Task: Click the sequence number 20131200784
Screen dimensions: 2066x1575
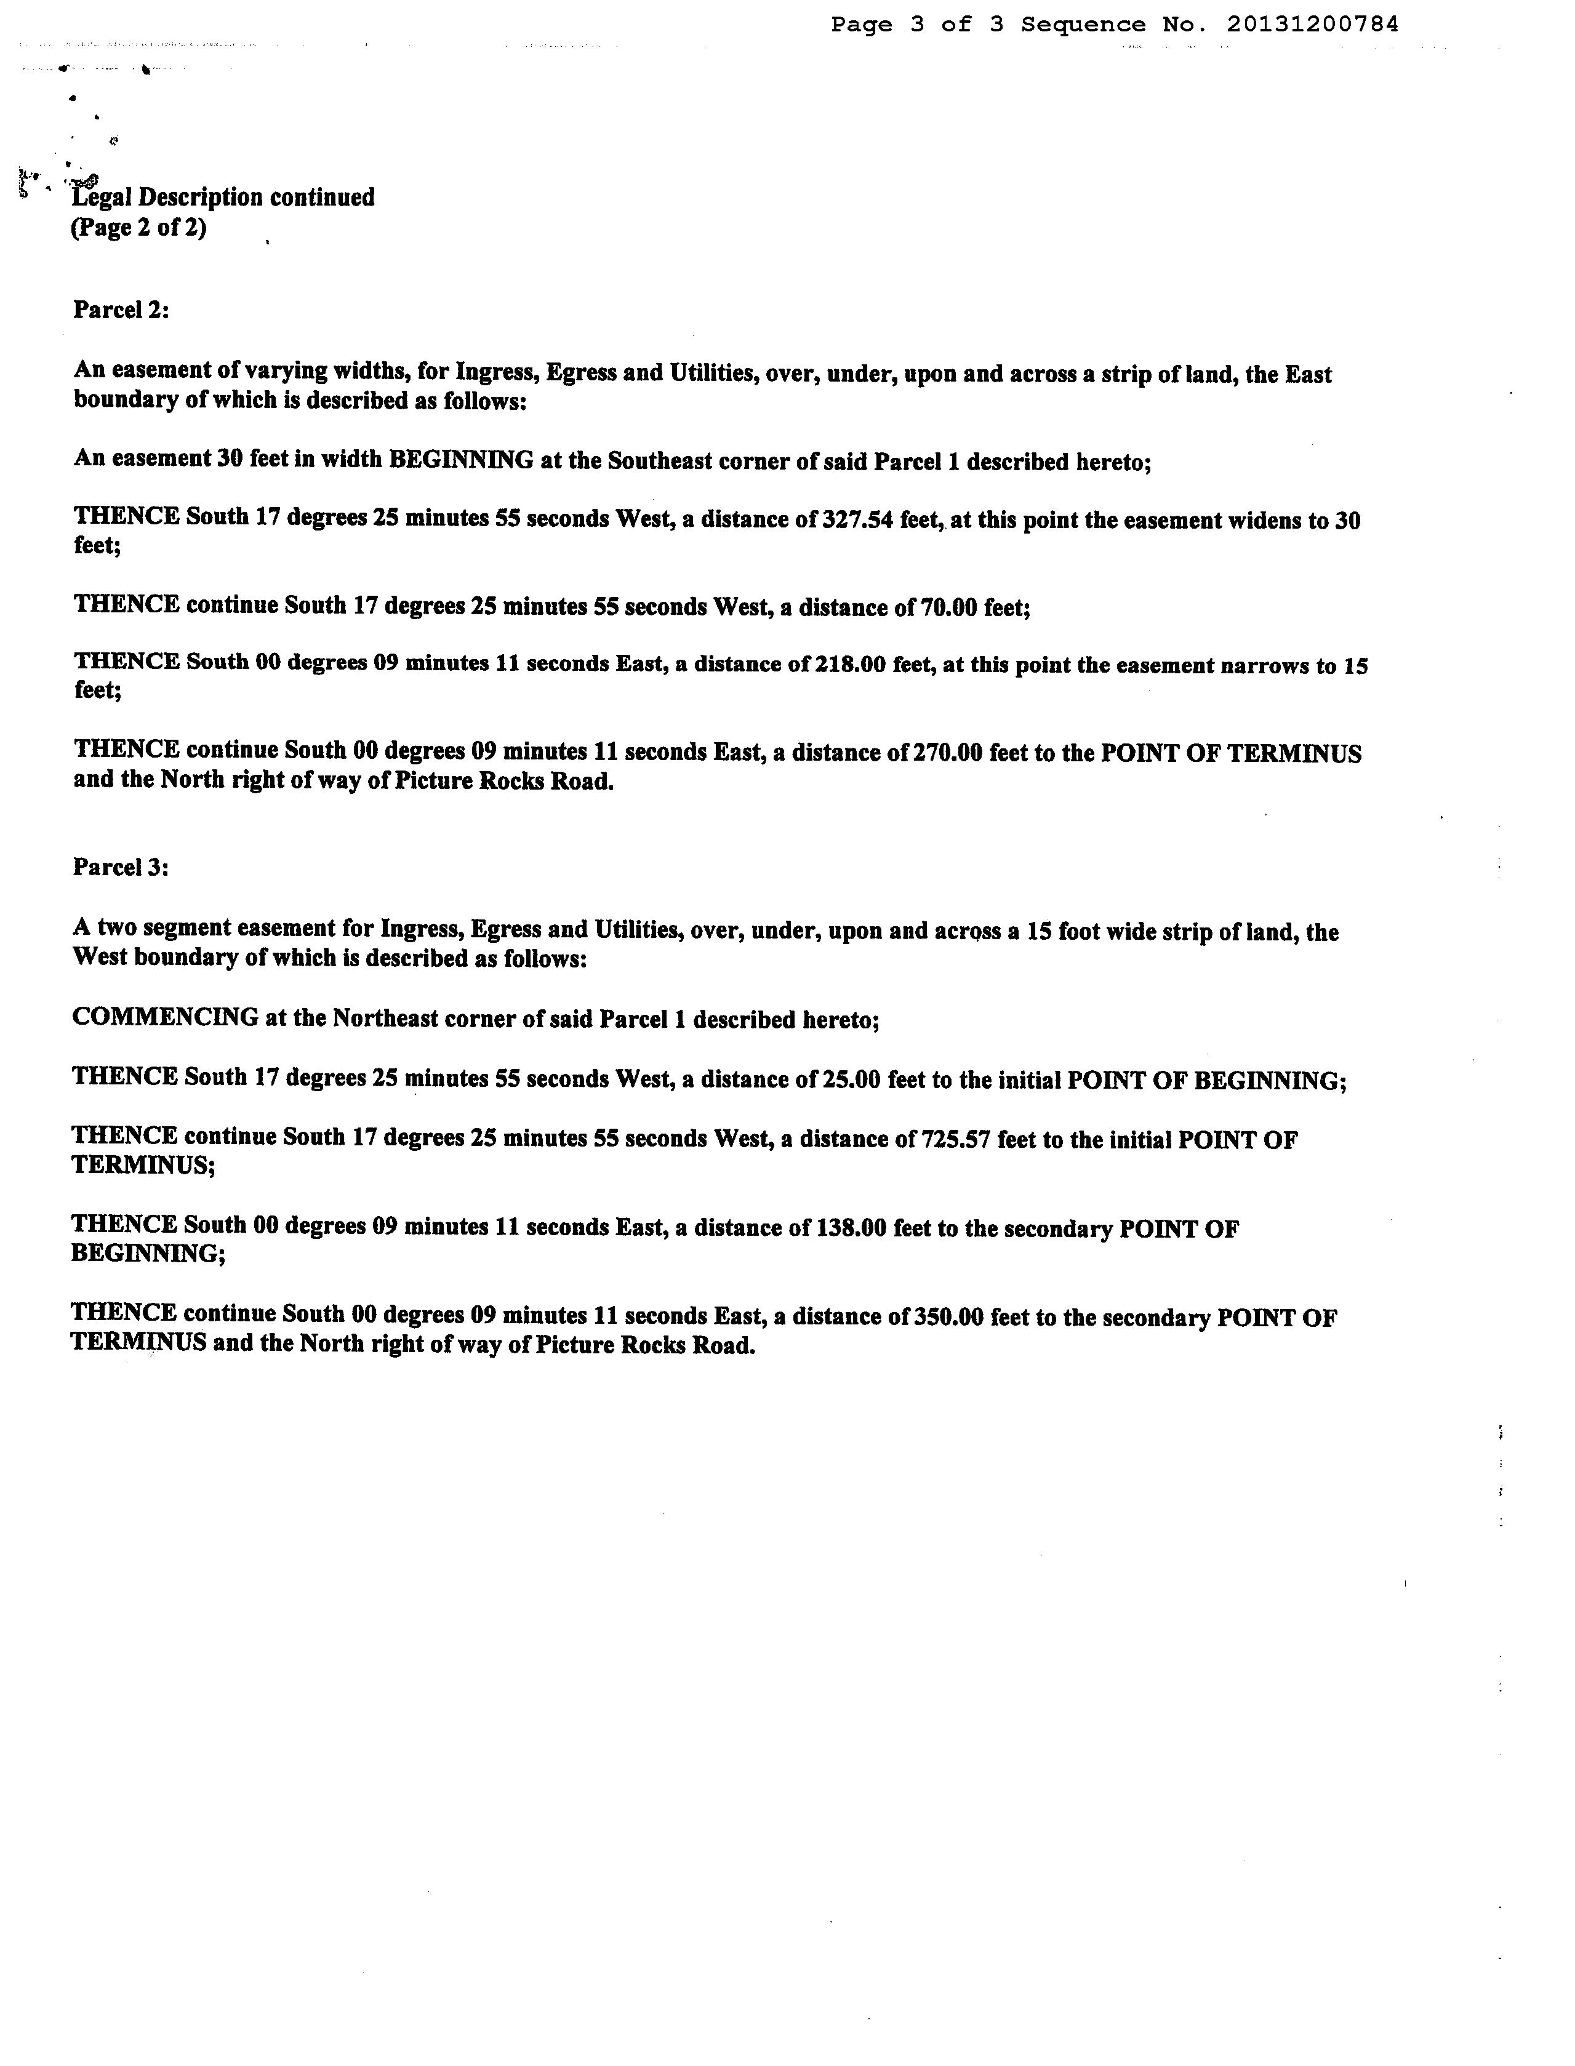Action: point(1312,25)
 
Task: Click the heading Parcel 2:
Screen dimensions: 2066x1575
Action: point(121,310)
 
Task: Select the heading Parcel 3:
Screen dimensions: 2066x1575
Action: point(121,867)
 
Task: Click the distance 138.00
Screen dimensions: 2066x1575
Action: point(849,1227)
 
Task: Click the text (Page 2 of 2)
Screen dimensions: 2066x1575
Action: point(138,228)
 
